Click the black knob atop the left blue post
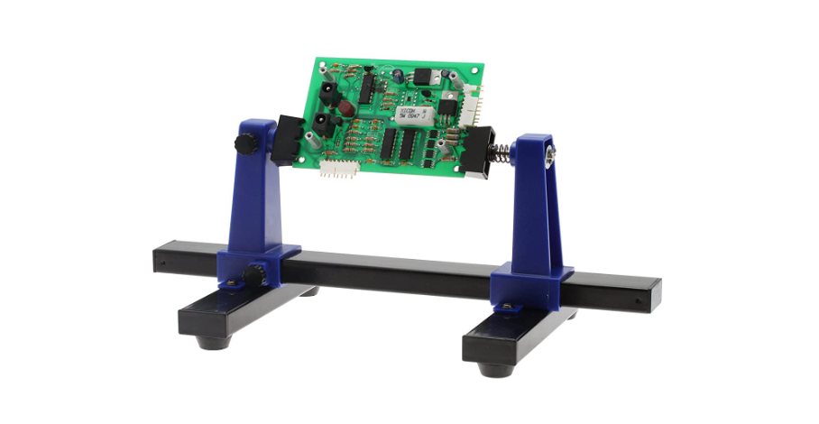[x=243, y=143]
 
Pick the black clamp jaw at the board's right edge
[x=475, y=153]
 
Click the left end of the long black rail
[x=160, y=259]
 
